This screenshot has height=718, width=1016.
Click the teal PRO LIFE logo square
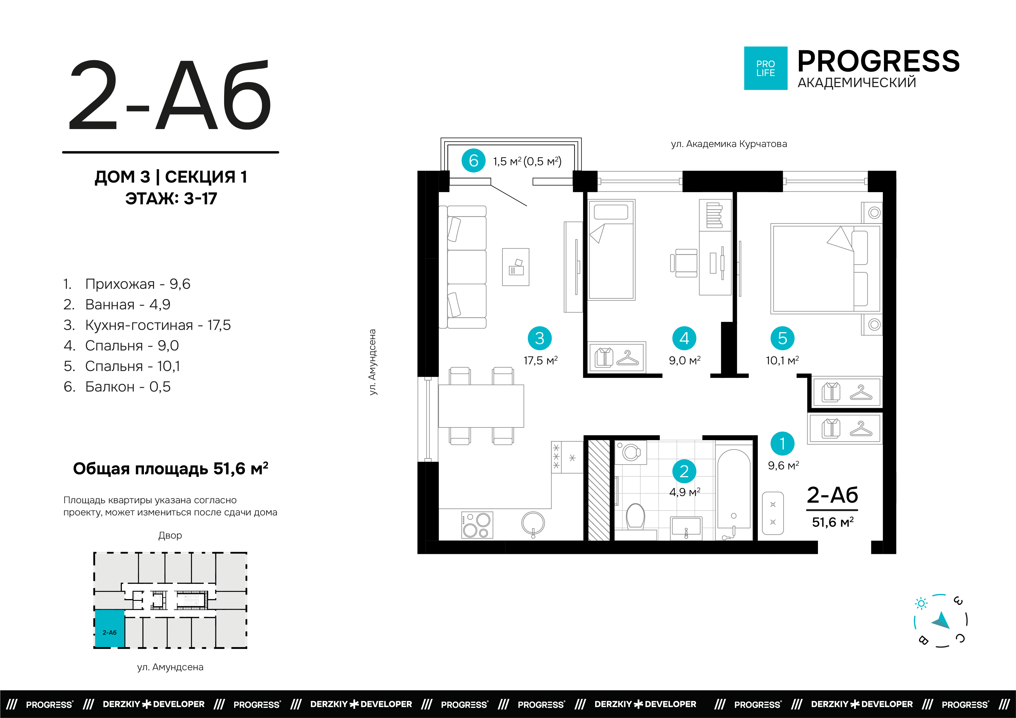click(766, 68)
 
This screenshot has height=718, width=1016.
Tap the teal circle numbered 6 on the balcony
click(473, 161)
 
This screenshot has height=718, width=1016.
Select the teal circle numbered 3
click(539, 338)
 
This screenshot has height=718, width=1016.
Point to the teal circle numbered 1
click(782, 444)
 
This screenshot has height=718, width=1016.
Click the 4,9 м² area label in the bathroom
click(684, 492)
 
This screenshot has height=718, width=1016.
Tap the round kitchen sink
click(533, 524)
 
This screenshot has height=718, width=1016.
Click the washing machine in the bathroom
click(631, 452)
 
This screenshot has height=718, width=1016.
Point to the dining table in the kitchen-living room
click(481, 406)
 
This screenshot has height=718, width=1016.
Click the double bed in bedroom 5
click(826, 269)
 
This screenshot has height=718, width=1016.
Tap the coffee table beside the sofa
click(515, 267)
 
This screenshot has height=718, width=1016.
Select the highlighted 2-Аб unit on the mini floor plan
click(110, 629)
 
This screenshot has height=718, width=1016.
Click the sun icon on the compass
click(921, 603)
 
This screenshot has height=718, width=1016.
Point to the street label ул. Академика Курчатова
click(729, 144)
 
